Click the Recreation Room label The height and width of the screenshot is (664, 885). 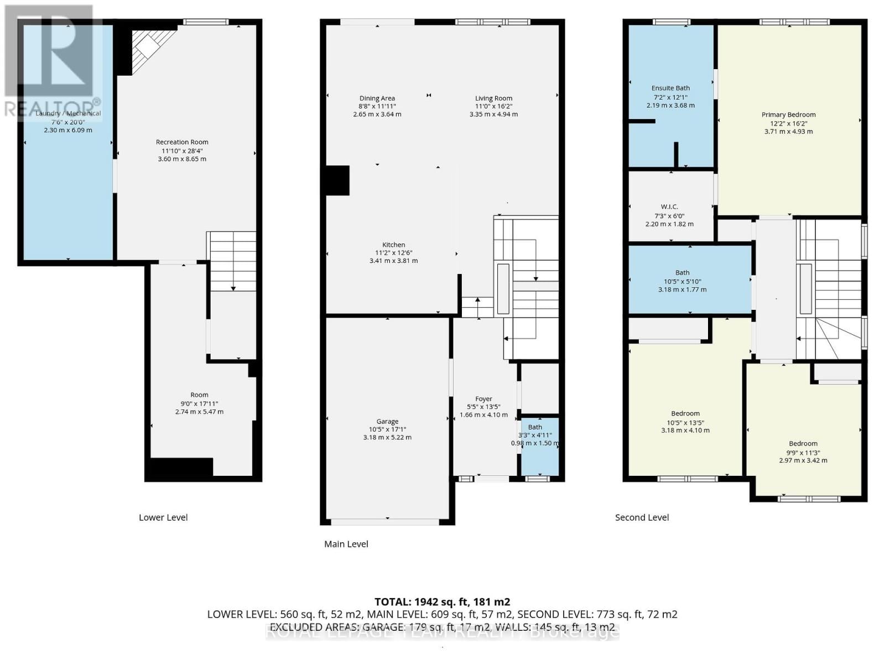point(182,142)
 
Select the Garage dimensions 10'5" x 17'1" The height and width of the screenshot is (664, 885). point(387,429)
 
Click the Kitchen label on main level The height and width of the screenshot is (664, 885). point(393,245)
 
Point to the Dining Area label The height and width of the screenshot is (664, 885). point(377,98)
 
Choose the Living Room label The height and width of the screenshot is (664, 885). point(493,98)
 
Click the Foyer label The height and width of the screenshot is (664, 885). point(483,399)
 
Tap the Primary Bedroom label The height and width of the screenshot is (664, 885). point(788,115)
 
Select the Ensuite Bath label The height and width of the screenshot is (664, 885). point(670,88)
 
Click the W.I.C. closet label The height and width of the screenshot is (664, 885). point(669,207)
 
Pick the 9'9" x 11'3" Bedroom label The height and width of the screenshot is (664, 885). point(803,444)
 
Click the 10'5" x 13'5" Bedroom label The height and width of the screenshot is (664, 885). point(685,414)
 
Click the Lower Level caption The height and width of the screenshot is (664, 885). point(163,517)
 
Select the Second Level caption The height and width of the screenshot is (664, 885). point(642,517)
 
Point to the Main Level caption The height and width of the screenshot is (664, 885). point(346,544)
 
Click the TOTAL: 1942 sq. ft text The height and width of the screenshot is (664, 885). point(442,602)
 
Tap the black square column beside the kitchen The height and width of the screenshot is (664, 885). point(337,180)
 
